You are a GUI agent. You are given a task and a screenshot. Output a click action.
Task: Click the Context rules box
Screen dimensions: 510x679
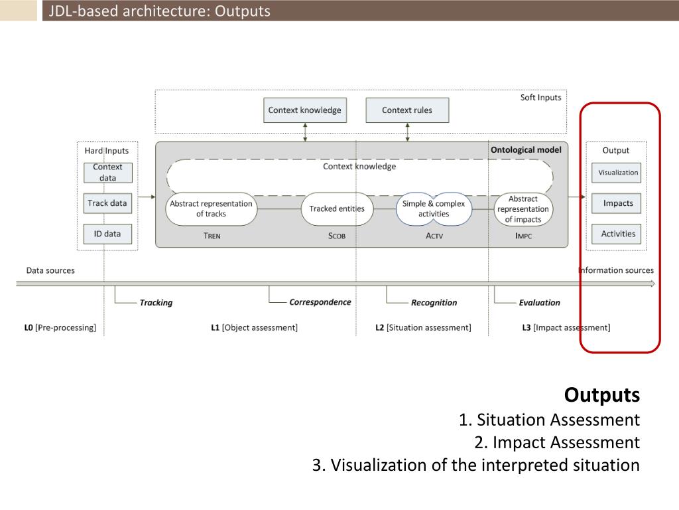click(x=407, y=110)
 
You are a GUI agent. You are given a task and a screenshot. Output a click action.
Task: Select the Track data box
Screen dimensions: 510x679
click(x=107, y=203)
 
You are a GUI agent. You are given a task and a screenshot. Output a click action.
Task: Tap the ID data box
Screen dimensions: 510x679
click(x=107, y=234)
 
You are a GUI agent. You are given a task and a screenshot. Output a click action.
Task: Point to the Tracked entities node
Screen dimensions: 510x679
click(x=337, y=209)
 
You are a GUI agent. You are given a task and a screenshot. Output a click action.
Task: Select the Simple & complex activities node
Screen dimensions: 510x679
click(x=434, y=209)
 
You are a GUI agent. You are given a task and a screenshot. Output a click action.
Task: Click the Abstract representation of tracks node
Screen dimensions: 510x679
click(x=211, y=209)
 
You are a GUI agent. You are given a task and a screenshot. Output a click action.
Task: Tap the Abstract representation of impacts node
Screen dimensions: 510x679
click(x=523, y=209)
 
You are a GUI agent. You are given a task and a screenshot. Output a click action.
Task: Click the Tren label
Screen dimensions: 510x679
click(x=212, y=236)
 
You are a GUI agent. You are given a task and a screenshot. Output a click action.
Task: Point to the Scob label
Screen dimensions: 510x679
click(x=337, y=236)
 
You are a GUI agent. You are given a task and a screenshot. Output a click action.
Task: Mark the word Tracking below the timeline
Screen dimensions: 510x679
click(x=156, y=303)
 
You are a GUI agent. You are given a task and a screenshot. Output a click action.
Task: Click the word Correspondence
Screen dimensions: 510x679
click(x=320, y=302)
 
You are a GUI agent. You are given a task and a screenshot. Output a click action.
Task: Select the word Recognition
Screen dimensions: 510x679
click(x=434, y=303)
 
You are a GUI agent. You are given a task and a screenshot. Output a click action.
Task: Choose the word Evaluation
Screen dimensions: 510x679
click(x=539, y=303)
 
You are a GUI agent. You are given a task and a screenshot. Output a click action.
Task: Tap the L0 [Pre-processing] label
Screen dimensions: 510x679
click(x=60, y=327)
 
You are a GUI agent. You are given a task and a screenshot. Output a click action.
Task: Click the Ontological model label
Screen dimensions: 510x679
click(x=526, y=150)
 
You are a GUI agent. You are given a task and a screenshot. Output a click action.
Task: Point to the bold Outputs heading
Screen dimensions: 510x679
click(x=602, y=395)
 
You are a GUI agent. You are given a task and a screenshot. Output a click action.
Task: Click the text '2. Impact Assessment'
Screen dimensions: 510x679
click(x=557, y=442)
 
